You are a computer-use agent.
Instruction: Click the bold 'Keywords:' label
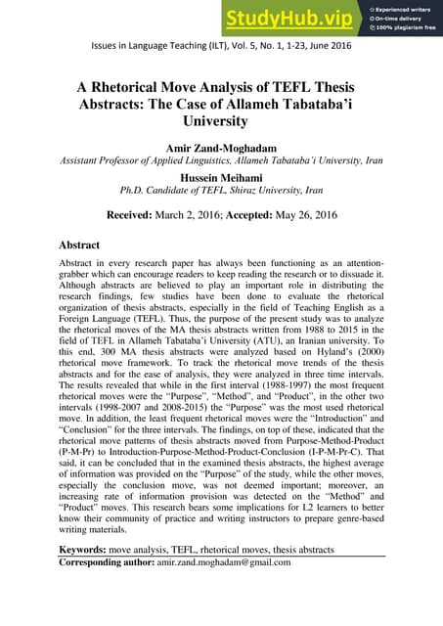click(x=92, y=550)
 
